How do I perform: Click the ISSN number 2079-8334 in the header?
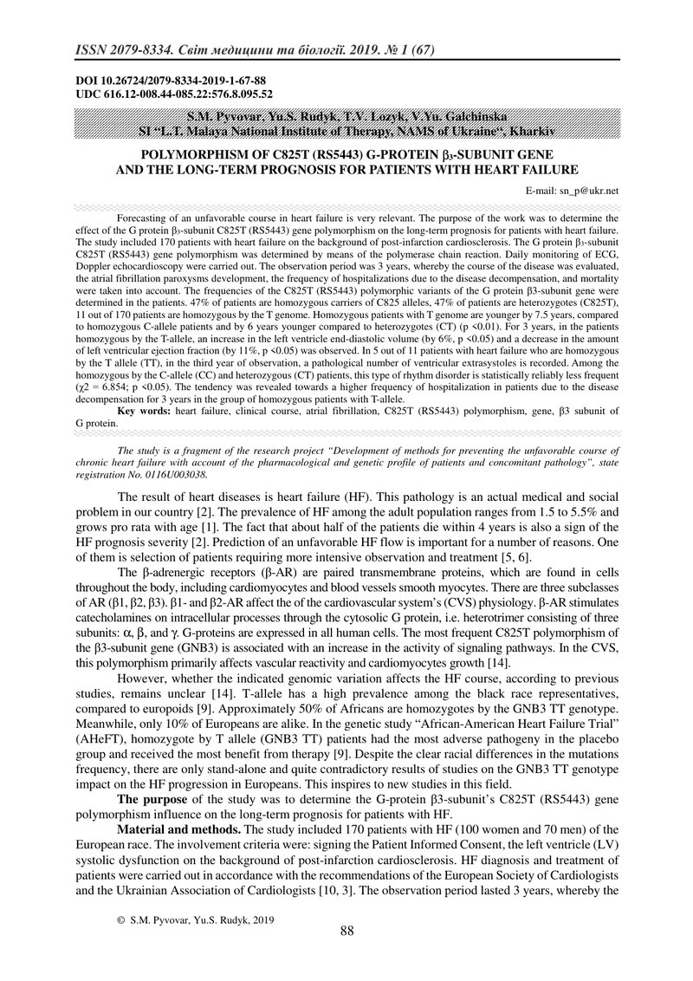tap(136, 51)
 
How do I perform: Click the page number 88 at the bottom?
tap(346, 931)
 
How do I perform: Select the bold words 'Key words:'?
tap(144, 413)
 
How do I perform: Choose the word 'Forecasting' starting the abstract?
tap(144, 220)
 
